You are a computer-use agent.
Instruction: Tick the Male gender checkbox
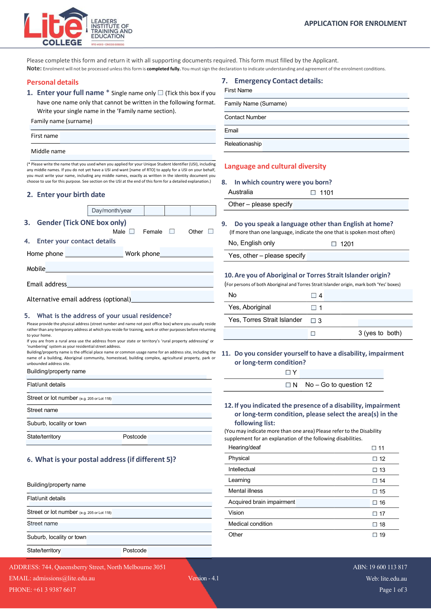pos(132,231)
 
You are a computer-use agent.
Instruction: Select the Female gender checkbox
pos(172,231)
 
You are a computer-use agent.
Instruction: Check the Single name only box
pos(161,93)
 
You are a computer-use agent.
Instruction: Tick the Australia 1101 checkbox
pos(313,193)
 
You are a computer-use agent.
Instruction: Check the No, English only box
pos(334,244)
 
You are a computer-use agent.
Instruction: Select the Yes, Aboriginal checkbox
pos(314,308)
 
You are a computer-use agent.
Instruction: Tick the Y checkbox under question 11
pos(288,373)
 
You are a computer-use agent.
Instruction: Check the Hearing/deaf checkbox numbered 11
pos(374,448)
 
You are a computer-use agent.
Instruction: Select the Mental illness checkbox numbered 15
pos(375,491)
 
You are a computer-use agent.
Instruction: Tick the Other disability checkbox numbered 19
pos(375,535)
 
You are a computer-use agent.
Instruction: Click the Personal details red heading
pos(52,82)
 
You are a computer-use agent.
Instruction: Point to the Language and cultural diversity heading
pos(275,166)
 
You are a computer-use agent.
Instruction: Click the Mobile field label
pos(36,269)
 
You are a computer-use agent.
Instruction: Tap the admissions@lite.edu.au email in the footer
pos(64,578)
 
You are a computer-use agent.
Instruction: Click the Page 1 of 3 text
pos(393,590)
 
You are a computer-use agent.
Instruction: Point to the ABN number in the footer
pos(380,567)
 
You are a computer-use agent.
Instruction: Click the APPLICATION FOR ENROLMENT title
pos(355,23)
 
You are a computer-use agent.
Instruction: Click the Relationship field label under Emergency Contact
pos(243,144)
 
